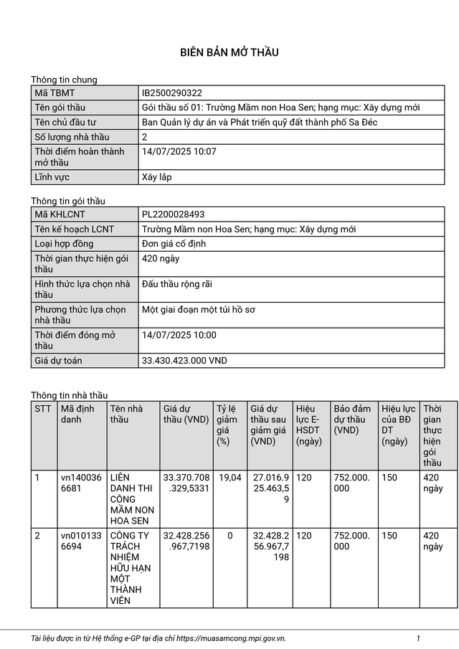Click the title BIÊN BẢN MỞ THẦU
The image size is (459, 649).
(229, 52)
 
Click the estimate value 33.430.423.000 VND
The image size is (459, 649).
(184, 361)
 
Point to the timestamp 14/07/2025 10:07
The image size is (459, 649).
(179, 151)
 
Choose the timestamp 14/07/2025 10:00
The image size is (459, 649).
(179, 335)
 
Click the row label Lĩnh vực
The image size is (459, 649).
(52, 177)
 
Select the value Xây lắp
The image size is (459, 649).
(157, 177)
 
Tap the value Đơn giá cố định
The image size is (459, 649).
(174, 244)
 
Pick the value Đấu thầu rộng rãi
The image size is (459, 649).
(177, 284)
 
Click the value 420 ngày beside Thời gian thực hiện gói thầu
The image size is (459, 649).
(161, 258)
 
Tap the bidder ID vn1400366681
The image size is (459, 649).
(81, 482)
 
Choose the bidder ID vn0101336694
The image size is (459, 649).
(81, 541)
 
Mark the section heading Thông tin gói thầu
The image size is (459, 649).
(67, 201)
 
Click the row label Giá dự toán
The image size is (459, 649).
(58, 361)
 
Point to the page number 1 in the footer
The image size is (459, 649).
(417, 638)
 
